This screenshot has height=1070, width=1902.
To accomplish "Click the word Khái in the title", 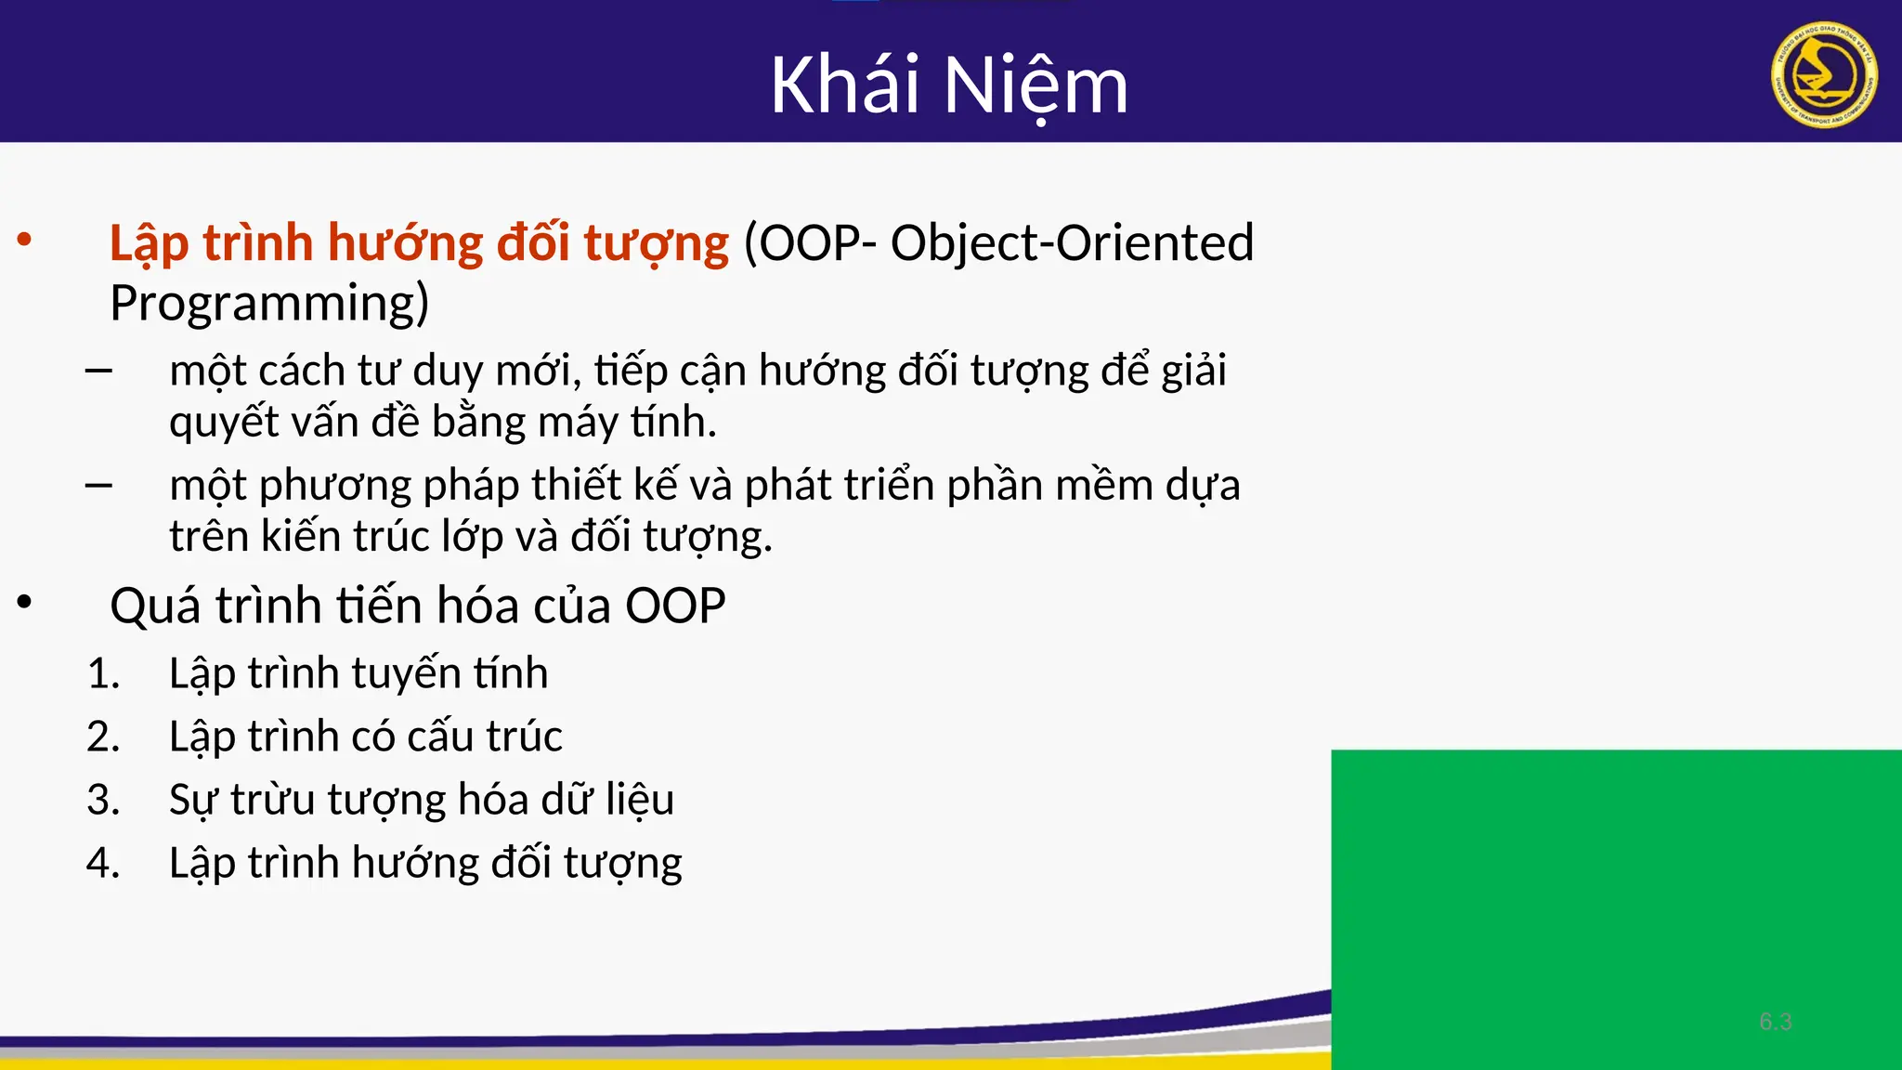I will coord(845,85).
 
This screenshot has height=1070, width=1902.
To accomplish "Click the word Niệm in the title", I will coord(1036,86).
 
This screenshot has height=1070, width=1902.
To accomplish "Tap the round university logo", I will coord(1824,74).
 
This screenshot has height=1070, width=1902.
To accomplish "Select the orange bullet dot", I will coord(25,241).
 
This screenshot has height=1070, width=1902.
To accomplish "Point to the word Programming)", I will coord(269,304).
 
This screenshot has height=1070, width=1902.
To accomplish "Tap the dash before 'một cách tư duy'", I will coord(98,372).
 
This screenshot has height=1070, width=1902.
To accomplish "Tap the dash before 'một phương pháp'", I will coord(98,485).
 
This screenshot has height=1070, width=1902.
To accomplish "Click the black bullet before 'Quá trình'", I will coord(25,603).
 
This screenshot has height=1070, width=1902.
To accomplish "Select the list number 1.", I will coord(103,673).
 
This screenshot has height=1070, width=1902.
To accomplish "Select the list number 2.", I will coord(103,737).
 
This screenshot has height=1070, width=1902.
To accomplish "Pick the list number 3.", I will coord(103,800).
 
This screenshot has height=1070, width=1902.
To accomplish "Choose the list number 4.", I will coord(103,863).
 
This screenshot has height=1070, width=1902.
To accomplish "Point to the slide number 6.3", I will coord(1775,1022).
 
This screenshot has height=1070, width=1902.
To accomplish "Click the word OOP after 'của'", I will coord(675,607).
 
